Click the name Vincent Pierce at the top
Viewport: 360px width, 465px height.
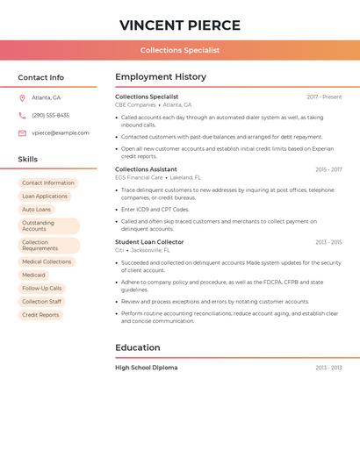click(x=180, y=25)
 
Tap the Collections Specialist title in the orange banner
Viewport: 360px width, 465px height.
click(x=180, y=50)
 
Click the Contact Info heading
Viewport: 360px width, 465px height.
click(x=41, y=77)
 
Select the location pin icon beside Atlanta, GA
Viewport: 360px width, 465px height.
click(x=22, y=97)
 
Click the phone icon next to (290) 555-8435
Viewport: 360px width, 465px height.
click(x=22, y=115)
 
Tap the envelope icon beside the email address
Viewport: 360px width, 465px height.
click(x=22, y=133)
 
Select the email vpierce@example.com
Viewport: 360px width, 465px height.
click(x=61, y=133)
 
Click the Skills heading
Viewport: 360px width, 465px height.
click(x=28, y=159)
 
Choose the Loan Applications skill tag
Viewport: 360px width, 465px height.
click(x=45, y=197)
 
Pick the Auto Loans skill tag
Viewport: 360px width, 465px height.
click(x=36, y=210)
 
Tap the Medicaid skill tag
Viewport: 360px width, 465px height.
click(x=33, y=275)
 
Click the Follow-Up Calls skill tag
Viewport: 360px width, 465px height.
click(x=42, y=288)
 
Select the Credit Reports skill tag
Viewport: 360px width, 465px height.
click(x=40, y=315)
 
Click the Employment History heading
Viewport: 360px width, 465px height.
click(x=161, y=77)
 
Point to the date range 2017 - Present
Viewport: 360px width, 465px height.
click(x=324, y=97)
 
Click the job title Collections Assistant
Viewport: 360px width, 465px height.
click(x=146, y=169)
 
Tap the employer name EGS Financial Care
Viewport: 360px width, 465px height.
click(x=139, y=177)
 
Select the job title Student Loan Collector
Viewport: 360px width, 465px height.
click(x=149, y=242)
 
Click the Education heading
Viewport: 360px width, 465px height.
click(x=138, y=347)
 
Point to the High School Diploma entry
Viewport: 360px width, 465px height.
click(x=146, y=368)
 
